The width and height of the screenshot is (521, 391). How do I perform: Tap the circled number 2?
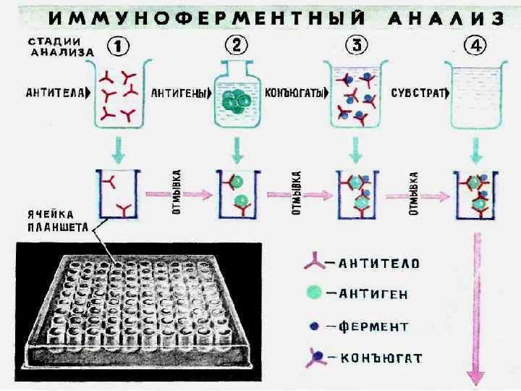(x=237, y=46)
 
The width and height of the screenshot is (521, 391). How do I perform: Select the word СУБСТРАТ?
(x=415, y=93)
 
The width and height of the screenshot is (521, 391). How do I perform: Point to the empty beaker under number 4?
(x=473, y=94)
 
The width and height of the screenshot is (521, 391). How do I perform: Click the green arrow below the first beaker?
(x=119, y=149)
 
